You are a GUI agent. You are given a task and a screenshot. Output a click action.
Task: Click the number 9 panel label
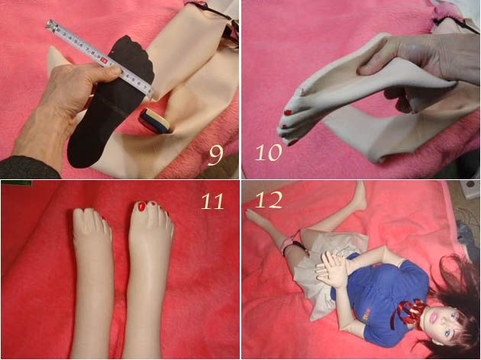215,156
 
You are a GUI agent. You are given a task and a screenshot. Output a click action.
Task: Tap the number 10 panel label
269,153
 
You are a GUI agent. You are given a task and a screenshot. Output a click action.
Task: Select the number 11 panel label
212,201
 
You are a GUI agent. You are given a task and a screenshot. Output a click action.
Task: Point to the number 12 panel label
269,200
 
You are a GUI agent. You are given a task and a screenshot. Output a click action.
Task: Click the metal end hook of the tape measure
52,24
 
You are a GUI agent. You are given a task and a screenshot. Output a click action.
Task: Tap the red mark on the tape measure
104,61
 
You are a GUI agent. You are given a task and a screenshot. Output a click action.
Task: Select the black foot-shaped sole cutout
111,101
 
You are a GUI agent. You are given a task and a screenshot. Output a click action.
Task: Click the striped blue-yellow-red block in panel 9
154,121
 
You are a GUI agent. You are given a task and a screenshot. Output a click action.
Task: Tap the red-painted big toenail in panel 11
141,207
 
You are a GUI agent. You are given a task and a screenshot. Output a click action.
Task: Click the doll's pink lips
433,317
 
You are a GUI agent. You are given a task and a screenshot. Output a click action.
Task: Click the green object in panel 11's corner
17,183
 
